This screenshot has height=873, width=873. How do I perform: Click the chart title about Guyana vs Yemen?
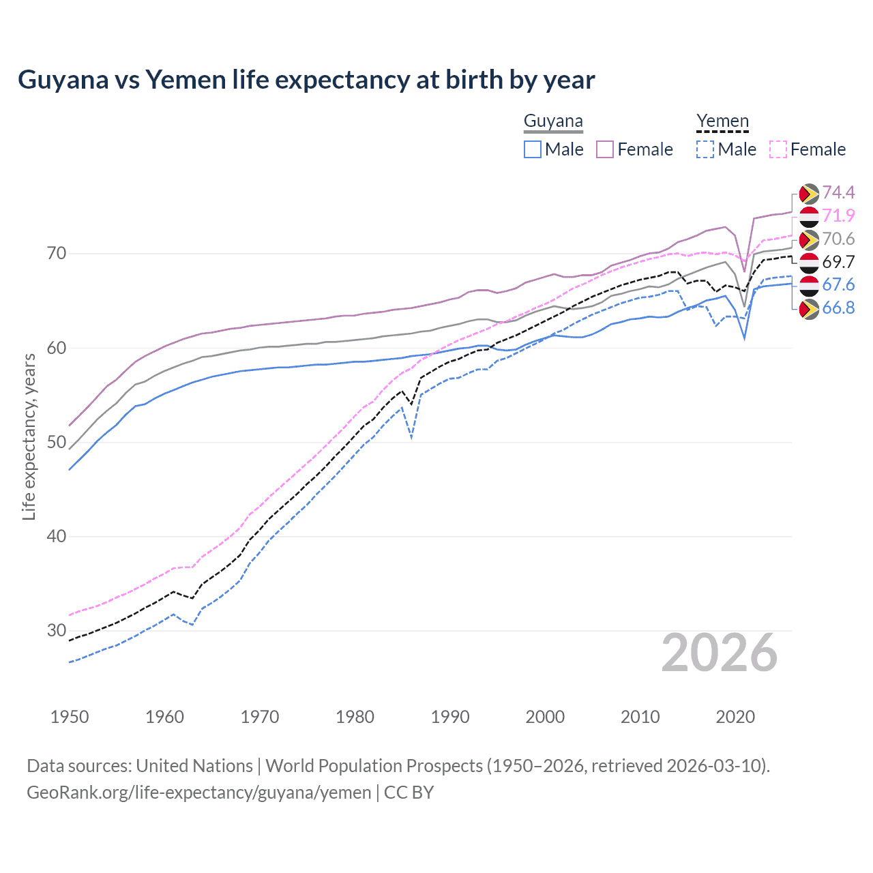point(306,80)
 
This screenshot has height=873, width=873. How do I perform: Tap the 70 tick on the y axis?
point(57,254)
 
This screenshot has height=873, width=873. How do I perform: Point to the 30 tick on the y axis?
point(57,630)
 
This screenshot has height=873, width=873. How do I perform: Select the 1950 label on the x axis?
point(70,717)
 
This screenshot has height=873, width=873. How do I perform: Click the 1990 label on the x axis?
point(450,717)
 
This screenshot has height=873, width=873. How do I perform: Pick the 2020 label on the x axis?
point(735,717)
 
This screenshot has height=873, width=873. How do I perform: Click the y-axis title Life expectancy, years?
point(29,436)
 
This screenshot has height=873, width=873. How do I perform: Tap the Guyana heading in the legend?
point(553,121)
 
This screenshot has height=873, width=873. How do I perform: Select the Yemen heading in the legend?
point(722,121)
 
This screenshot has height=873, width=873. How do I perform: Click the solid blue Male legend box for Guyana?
point(533,149)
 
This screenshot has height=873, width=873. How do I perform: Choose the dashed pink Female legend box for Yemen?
point(778,149)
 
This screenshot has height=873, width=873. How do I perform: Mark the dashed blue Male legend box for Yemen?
point(705,149)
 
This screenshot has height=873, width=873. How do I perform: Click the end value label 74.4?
point(838,193)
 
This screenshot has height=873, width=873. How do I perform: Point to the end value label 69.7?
point(838,263)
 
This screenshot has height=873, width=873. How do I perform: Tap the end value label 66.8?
point(838,308)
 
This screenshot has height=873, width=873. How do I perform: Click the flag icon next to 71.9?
point(809,217)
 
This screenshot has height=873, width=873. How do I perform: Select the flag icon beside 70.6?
point(809,239)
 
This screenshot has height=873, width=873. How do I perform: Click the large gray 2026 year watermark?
point(720,653)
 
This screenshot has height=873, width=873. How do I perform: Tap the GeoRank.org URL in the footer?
point(198,793)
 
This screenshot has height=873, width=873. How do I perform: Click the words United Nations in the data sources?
point(194,766)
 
